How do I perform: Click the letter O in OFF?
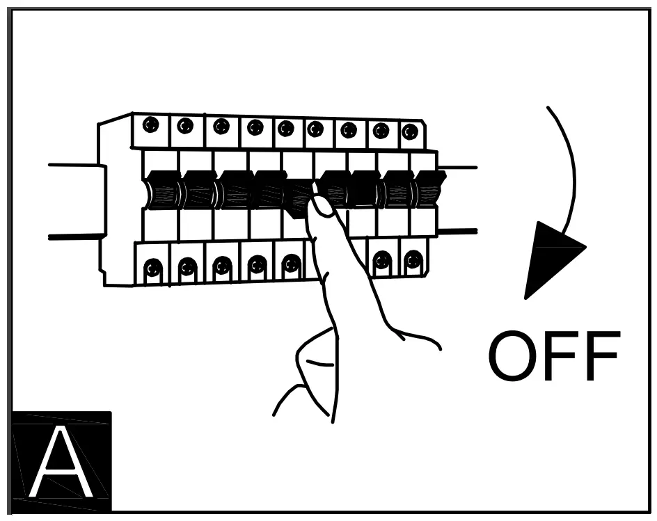(514, 356)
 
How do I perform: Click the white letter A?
(61, 463)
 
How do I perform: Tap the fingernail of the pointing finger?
(321, 205)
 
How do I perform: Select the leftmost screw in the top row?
(150, 125)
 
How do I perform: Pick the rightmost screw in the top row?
(410, 131)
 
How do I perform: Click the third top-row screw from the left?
(221, 126)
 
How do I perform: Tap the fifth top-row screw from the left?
(285, 128)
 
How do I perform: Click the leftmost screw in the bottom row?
(152, 266)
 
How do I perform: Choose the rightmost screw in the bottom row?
(413, 261)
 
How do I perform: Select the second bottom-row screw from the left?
(187, 266)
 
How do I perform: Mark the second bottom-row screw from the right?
(381, 262)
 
